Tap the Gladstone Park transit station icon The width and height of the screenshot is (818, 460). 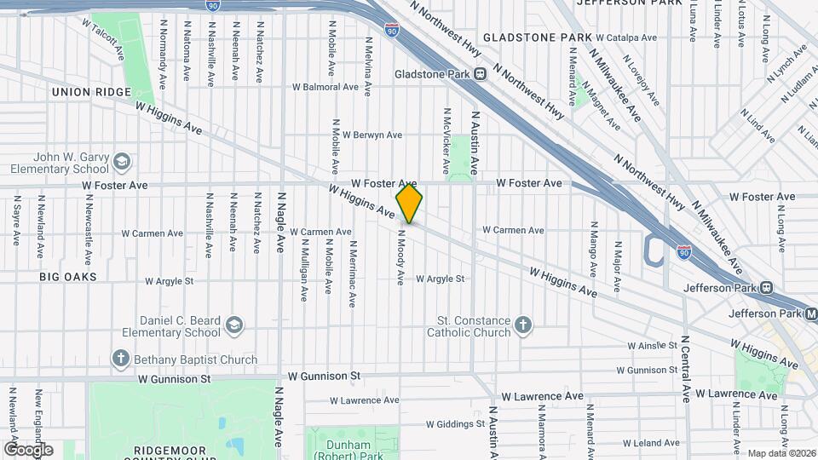(x=481, y=74)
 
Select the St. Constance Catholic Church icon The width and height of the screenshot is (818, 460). (x=523, y=325)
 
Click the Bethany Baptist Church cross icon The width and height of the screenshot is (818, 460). (x=122, y=359)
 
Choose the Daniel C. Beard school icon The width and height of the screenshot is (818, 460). (x=234, y=326)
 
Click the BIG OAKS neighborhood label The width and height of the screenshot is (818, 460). (x=68, y=277)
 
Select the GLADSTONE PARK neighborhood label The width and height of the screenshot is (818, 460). (x=537, y=37)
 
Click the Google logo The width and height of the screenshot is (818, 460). (x=28, y=449)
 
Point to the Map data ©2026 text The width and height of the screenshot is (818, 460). (x=781, y=453)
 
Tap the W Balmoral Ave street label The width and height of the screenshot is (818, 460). (x=325, y=87)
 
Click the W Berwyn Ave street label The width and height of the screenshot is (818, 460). (x=367, y=135)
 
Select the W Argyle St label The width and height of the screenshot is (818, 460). (x=440, y=279)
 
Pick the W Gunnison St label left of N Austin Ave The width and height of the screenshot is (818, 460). (x=325, y=375)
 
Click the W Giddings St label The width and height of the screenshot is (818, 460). (x=456, y=423)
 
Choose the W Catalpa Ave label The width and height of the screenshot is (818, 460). (x=626, y=37)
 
